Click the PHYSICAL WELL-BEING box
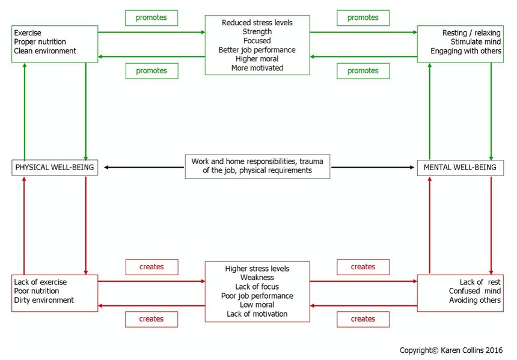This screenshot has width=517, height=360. [55, 168]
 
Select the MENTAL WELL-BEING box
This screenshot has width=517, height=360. [460, 168]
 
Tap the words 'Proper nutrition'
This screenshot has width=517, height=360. [40, 42]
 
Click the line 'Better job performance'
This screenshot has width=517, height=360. [257, 50]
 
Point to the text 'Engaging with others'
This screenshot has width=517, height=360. [465, 50]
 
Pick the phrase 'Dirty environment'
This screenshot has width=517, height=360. [44, 300]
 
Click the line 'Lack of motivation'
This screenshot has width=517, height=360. [257, 314]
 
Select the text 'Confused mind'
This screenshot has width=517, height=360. [474, 291]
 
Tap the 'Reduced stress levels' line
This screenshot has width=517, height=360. [257, 23]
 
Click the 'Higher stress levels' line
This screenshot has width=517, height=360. [257, 269]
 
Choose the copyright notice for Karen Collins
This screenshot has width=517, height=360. [451, 350]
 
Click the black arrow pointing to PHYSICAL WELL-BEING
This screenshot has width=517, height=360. [144, 168]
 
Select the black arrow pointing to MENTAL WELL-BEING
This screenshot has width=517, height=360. [373, 168]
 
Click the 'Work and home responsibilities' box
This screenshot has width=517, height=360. [257, 166]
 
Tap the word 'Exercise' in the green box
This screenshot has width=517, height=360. [28, 33]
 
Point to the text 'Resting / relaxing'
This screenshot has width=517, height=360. [471, 33]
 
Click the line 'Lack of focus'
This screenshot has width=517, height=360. [257, 287]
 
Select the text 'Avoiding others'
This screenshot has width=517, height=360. [475, 300]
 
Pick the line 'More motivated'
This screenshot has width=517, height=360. [257, 68]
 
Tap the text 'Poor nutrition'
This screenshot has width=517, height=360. [37, 291]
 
